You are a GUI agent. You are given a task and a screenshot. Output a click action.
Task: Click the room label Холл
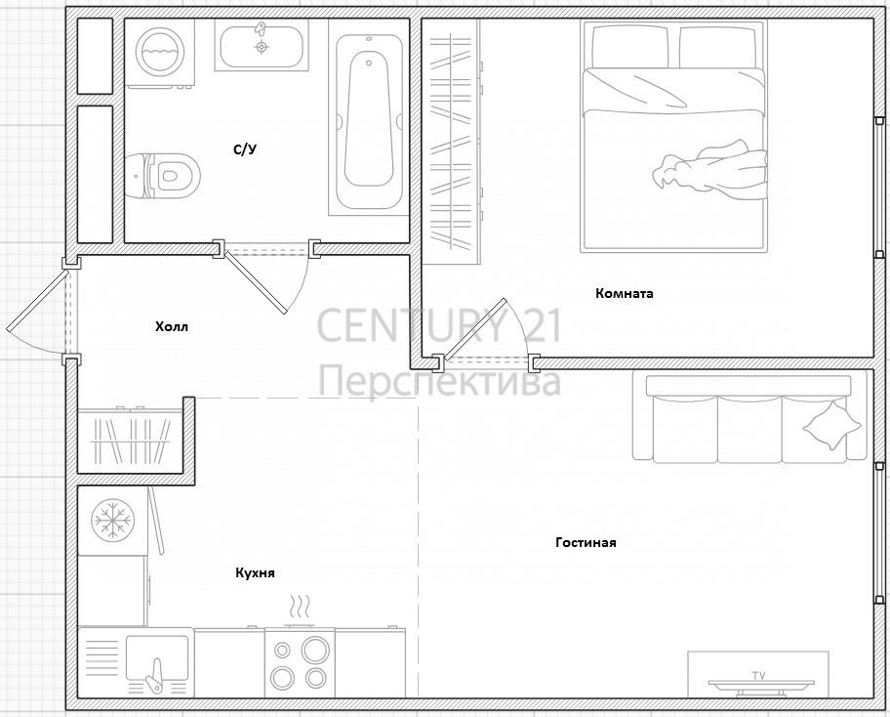(x=172, y=326)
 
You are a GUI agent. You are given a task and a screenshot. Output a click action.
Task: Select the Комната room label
(x=625, y=293)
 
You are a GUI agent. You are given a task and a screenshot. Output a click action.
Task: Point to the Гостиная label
(x=586, y=542)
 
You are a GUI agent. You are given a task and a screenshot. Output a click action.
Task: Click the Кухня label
(x=255, y=572)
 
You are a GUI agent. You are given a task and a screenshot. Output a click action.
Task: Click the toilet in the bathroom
(x=163, y=175)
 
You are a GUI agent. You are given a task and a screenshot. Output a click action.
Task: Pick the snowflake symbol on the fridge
(x=112, y=520)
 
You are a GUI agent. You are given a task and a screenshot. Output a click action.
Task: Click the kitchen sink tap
(x=154, y=676)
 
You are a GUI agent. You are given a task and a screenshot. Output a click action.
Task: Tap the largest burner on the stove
(x=315, y=650)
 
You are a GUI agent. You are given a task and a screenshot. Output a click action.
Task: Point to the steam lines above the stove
(x=300, y=607)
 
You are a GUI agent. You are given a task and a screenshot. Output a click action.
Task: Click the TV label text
(x=759, y=676)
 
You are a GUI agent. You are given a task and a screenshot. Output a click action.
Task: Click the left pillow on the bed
(x=630, y=47)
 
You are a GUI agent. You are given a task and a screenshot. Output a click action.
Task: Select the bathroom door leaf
(x=256, y=282)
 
